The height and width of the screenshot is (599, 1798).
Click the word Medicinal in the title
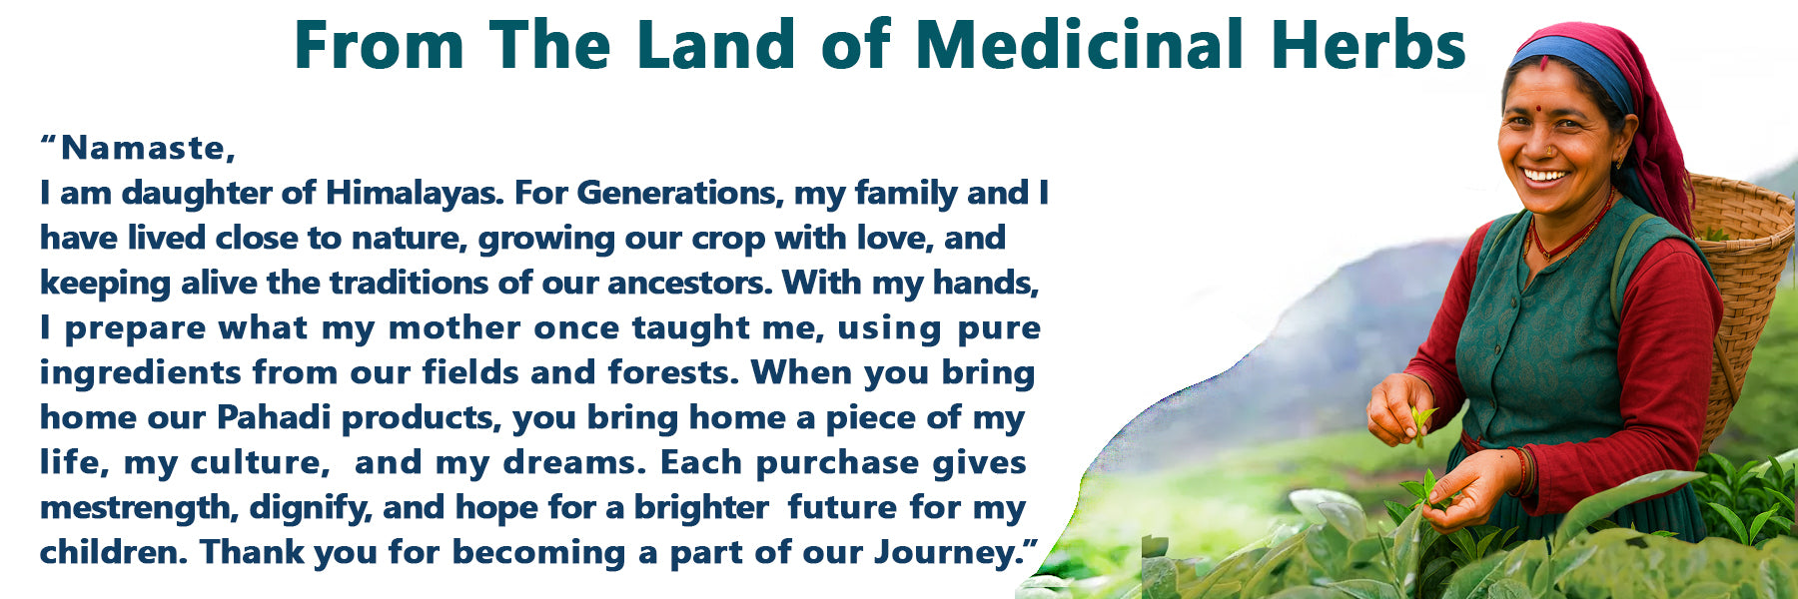tap(1079, 45)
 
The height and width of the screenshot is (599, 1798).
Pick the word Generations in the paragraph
tap(679, 193)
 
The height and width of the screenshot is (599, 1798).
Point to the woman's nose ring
tap(1550, 151)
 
